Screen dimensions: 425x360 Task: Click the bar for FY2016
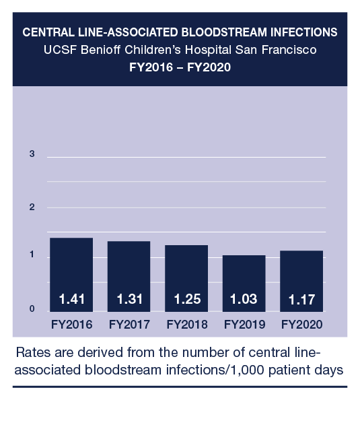click(x=71, y=269)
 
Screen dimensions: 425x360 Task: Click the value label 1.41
click(x=71, y=298)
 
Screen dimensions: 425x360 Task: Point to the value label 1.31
click(x=129, y=298)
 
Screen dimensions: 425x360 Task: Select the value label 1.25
click(x=186, y=298)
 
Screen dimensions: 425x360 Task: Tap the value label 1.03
click(x=244, y=298)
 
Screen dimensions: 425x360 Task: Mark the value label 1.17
click(x=301, y=298)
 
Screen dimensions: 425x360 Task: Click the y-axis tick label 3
click(x=32, y=154)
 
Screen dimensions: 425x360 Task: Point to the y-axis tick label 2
click(x=32, y=207)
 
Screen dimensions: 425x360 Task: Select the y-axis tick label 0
click(x=32, y=309)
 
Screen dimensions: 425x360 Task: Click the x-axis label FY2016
click(x=71, y=325)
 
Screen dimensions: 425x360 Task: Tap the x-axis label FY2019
click(x=244, y=325)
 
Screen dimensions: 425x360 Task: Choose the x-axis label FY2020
click(x=301, y=325)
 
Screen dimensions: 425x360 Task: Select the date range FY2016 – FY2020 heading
click(x=180, y=68)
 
